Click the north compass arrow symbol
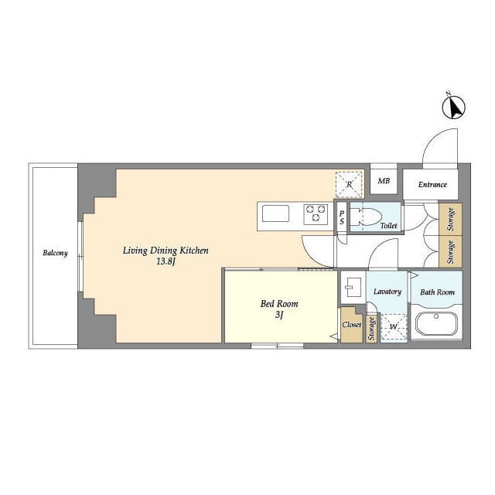pos(454,107)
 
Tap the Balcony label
pos(55,253)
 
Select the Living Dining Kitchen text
pos(166,251)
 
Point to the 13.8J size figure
pos(166,261)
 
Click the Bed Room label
pos(279,304)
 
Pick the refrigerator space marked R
pos(349,185)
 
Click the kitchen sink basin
pos(275,213)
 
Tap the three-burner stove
pos(316,214)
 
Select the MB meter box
pos(384,180)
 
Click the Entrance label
pos(432,185)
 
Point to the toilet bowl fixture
pos(367,217)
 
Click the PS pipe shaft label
pos(342,218)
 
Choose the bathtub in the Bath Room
pos(436,324)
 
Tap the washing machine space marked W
pos(394,326)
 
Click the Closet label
pos(351,325)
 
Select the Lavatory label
pos(387,292)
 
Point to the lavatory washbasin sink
pos(352,287)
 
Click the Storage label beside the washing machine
pos(371,329)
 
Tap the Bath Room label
pos(437,292)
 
